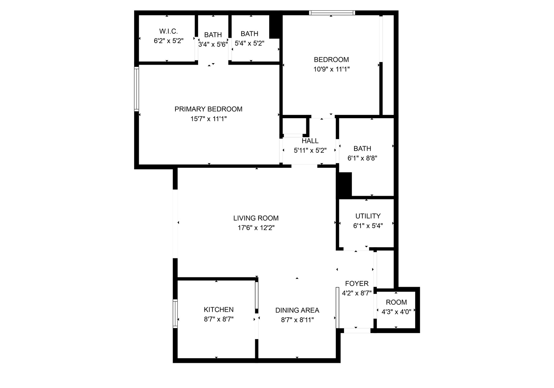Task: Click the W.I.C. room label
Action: tap(169, 31)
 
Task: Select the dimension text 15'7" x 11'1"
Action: tap(209, 119)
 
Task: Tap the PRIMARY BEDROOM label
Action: tap(209, 109)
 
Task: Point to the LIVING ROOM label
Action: tap(256, 218)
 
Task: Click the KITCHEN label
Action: tap(219, 310)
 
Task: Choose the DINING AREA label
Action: tap(297, 310)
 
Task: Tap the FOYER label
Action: tap(357, 283)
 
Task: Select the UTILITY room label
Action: tap(368, 216)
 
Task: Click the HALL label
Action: tap(310, 141)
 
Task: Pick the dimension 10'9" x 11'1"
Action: tap(331, 69)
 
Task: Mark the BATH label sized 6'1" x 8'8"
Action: tap(362, 148)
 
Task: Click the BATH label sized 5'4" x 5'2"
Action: tap(249, 34)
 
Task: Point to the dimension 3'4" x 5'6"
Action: tap(213, 45)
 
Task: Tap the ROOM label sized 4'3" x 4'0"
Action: tap(396, 302)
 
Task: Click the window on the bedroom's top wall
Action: tap(332, 13)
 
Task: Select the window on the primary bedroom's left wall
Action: tap(137, 89)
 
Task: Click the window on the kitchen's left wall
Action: tap(175, 314)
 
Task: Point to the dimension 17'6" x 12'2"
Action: tap(256, 228)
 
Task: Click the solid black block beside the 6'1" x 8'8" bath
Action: tap(344, 184)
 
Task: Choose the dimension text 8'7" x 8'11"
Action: tap(297, 320)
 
